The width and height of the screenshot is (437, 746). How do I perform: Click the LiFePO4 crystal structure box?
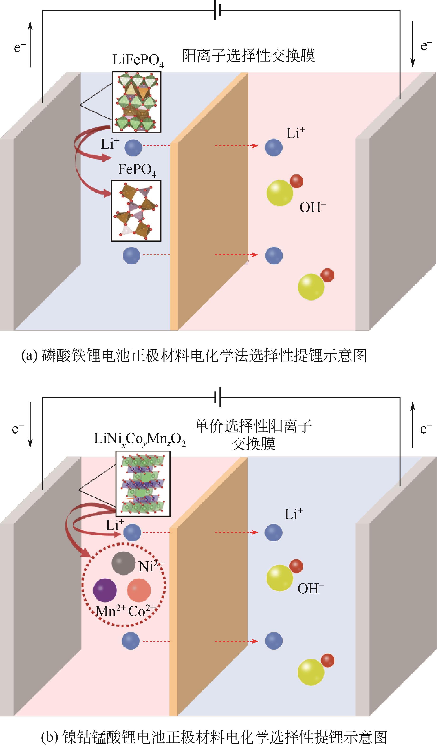[136, 102]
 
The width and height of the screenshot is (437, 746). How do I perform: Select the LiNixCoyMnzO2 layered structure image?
[143, 484]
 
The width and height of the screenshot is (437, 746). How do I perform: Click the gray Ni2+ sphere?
[123, 563]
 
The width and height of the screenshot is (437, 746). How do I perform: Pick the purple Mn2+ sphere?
[105, 590]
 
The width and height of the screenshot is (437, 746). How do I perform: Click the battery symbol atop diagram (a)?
[218, 11]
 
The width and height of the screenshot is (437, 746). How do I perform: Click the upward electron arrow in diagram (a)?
[30, 44]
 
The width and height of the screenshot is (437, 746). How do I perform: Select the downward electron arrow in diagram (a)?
[412, 44]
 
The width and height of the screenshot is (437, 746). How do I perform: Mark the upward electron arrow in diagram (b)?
[413, 425]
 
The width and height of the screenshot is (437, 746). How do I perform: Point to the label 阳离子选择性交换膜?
[248, 55]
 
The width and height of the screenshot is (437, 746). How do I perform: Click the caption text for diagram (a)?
[194, 355]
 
